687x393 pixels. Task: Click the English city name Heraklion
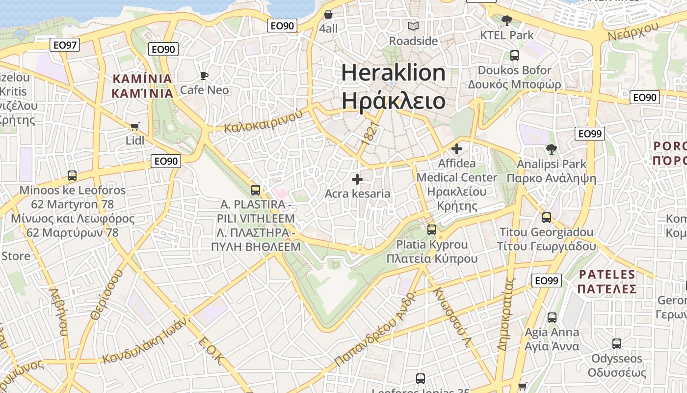[393, 73]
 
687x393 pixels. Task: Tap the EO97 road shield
[65, 45]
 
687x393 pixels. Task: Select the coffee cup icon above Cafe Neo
[204, 76]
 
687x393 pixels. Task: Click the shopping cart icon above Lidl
[135, 126]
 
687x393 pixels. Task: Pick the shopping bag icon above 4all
[328, 14]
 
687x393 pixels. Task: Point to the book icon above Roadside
[413, 26]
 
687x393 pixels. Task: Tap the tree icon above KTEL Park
[506, 21]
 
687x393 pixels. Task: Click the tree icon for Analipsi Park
[552, 149]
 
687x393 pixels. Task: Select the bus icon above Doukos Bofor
[514, 56]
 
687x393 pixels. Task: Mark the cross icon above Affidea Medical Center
[457, 148]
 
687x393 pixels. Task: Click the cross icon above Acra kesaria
[357, 179]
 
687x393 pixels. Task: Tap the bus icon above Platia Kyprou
[432, 229]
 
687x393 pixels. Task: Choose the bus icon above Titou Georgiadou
[547, 218]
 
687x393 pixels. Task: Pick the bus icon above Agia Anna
[552, 318]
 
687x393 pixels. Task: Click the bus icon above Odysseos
[617, 344]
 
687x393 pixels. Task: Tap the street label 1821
[370, 132]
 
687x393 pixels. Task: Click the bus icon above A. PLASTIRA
[255, 190]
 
